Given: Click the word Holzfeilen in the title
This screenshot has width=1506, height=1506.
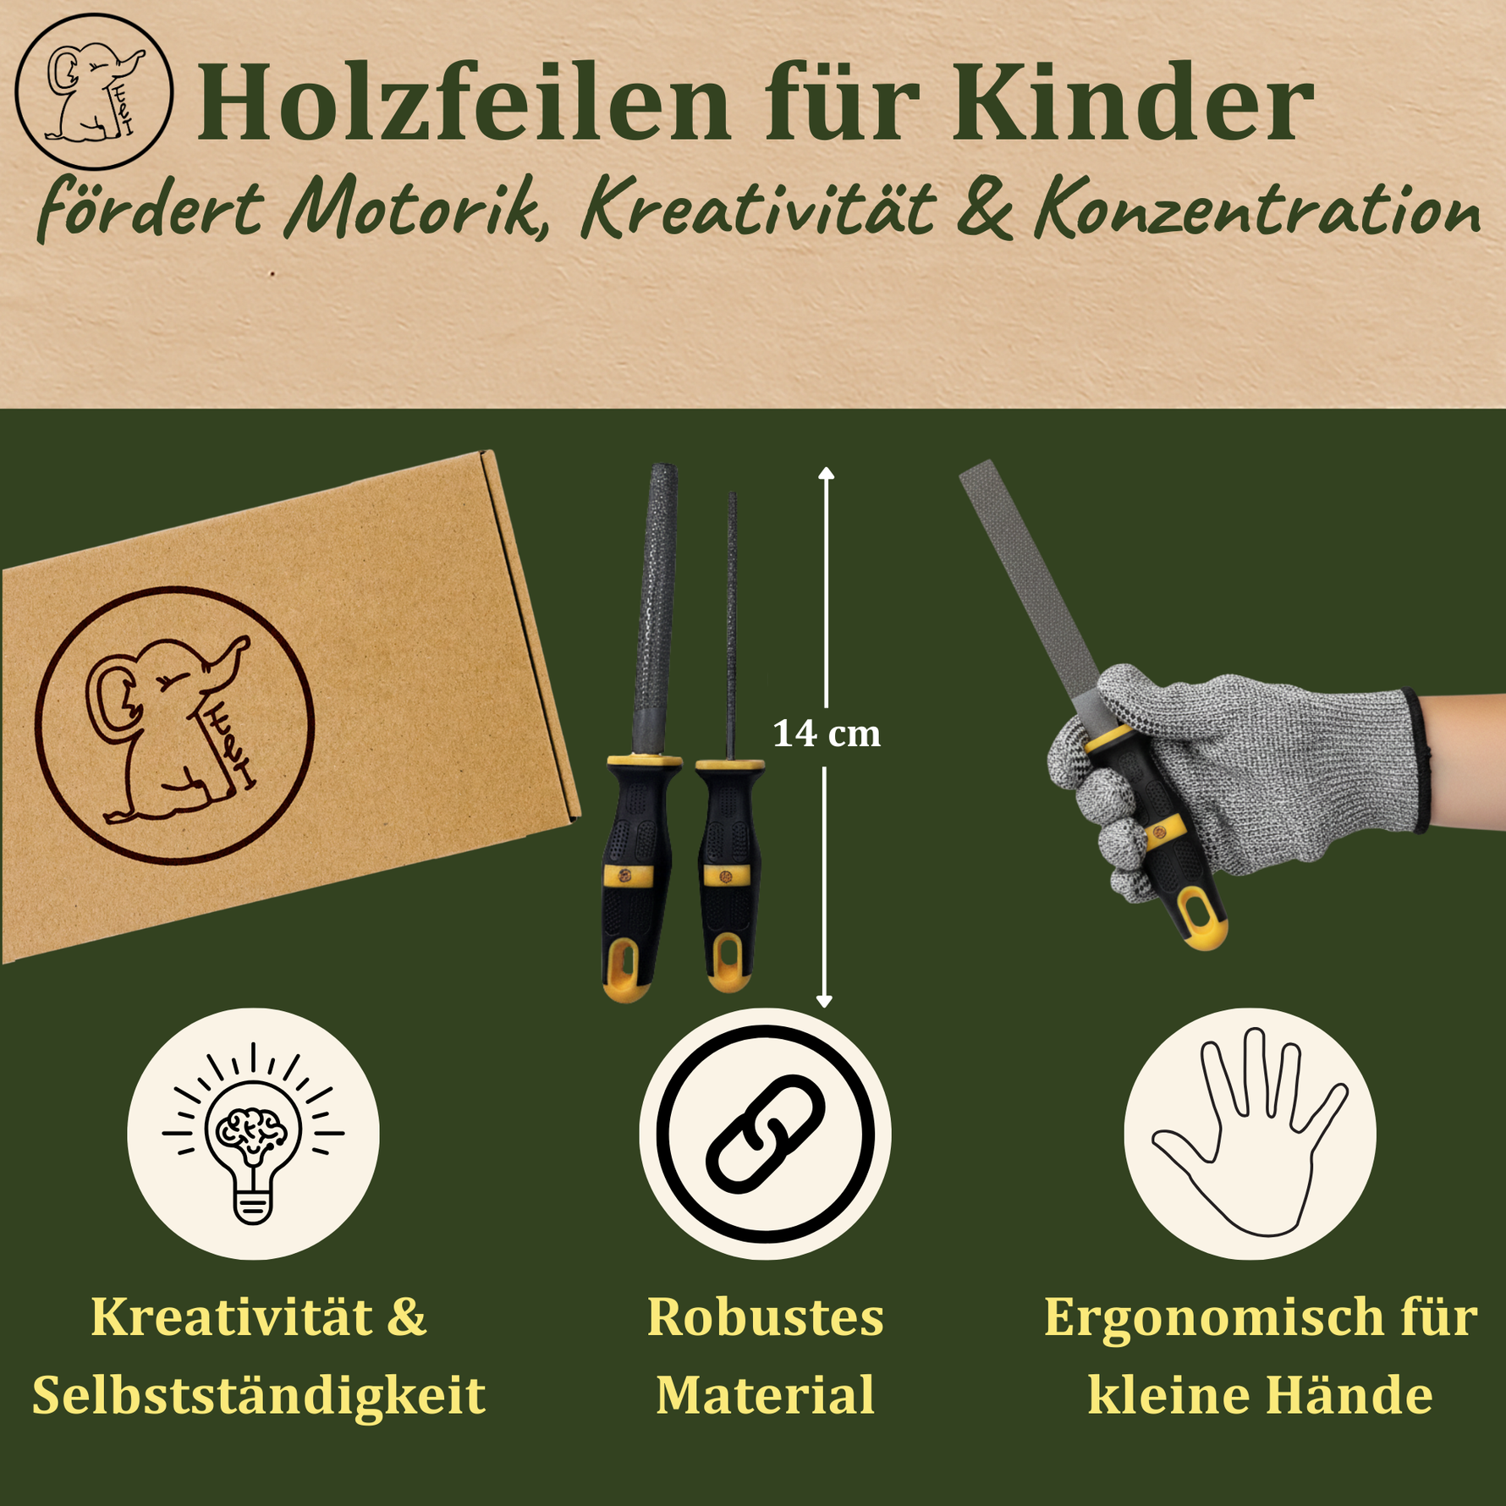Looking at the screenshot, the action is click(x=463, y=103).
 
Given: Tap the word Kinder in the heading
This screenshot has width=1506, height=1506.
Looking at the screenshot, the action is click(x=1133, y=103).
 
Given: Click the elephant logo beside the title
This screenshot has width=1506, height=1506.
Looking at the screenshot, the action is click(x=94, y=91).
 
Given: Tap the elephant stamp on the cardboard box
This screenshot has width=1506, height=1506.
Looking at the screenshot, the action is click(x=174, y=725).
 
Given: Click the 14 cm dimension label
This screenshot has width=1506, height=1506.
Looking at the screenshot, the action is click(x=827, y=734).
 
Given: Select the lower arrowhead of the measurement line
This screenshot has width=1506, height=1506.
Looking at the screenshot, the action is click(x=825, y=1000).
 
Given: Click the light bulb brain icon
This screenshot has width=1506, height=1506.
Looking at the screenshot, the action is click(x=253, y=1134).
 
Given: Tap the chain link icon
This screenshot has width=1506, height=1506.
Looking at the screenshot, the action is click(x=765, y=1134).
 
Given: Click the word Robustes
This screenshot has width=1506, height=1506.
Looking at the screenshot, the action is click(x=765, y=1318).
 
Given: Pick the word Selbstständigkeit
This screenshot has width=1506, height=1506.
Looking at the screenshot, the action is click(x=259, y=1396).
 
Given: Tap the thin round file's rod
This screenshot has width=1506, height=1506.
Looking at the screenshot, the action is click(x=732, y=626).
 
